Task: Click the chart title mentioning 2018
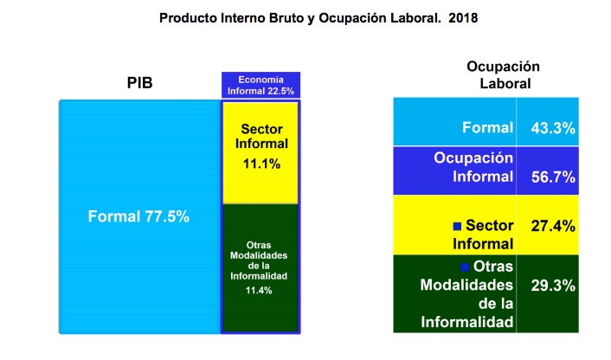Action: point(318,18)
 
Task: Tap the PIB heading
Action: point(139,83)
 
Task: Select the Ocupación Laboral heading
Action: point(504,74)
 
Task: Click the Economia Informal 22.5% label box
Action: point(260,85)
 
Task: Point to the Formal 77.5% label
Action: point(138,216)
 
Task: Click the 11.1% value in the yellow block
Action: point(261,164)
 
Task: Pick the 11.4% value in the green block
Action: point(259,290)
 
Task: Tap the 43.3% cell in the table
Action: point(553,128)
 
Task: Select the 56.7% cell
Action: point(553,177)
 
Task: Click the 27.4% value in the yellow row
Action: point(553,226)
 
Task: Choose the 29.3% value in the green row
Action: point(553,286)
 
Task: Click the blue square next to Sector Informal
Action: point(458,227)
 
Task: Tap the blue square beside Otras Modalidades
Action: point(465,267)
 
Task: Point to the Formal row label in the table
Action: point(487,127)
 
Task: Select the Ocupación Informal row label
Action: point(473,167)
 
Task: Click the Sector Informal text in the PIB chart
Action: point(261,137)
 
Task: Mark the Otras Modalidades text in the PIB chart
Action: point(259,260)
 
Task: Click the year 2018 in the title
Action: point(463,18)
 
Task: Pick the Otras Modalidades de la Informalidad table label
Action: point(466,294)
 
